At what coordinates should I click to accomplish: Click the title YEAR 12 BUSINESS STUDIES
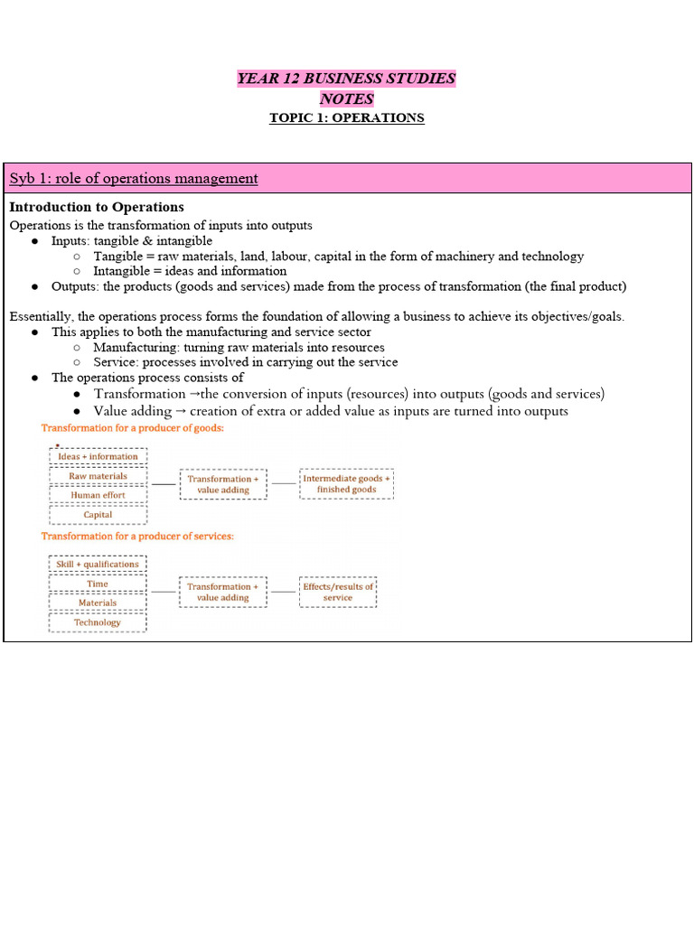click(346, 79)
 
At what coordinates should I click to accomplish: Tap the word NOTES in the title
click(346, 98)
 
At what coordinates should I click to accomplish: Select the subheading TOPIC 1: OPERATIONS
click(346, 118)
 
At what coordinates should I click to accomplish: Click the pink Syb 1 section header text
click(134, 179)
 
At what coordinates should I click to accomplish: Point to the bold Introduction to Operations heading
click(97, 208)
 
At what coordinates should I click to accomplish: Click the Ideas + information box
click(98, 456)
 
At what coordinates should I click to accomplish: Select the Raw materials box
click(98, 476)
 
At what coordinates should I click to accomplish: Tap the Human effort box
click(98, 495)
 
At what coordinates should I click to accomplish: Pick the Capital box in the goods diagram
click(98, 515)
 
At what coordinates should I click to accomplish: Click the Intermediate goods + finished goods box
click(346, 484)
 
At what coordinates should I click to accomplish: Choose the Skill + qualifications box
click(98, 565)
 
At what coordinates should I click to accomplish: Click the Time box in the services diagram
click(98, 584)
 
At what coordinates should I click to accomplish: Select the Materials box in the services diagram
click(98, 603)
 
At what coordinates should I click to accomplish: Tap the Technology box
click(98, 622)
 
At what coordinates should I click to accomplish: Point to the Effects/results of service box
click(337, 592)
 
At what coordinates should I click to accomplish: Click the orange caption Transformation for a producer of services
click(137, 536)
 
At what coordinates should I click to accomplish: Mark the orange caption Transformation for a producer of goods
click(133, 428)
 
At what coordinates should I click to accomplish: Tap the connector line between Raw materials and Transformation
click(164, 484)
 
